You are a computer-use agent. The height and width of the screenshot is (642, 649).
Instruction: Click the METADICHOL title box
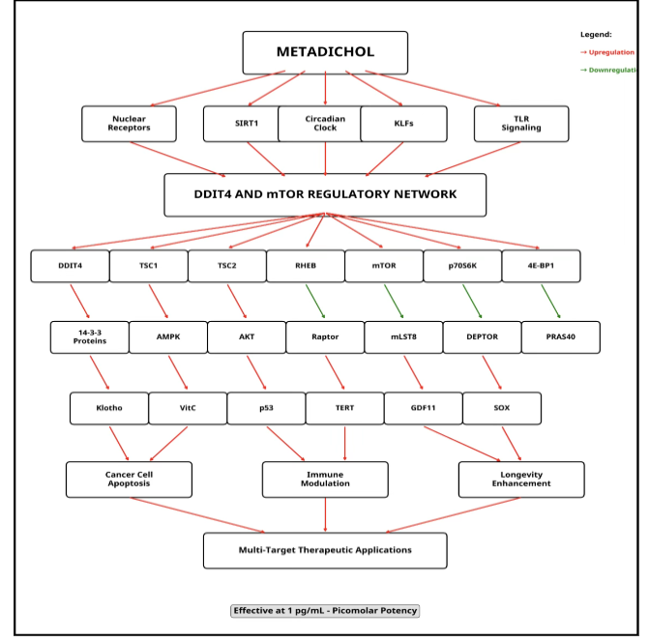point(325,52)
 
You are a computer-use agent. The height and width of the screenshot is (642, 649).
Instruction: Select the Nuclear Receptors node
point(129,124)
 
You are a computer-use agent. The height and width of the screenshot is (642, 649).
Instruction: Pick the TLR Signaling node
point(521,124)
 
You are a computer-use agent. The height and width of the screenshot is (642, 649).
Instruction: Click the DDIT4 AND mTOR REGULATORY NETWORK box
point(325,194)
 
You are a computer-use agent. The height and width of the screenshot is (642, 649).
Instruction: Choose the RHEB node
point(305,266)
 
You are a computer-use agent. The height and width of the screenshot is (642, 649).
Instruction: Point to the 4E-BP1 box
point(541,266)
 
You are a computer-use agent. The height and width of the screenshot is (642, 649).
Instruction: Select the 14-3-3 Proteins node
point(90,337)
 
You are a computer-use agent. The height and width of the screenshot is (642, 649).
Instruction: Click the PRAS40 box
point(560,337)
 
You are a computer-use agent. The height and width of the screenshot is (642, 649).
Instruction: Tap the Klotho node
point(109,408)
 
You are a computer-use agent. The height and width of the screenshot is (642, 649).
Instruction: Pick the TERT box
point(344,408)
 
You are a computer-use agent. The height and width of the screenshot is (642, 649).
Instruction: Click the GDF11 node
point(423,408)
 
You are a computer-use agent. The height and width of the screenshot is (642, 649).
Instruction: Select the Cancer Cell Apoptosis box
point(129,480)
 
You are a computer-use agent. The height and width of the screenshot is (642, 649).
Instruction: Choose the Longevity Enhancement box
point(521,480)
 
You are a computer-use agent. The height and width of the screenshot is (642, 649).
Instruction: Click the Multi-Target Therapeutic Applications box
point(325,550)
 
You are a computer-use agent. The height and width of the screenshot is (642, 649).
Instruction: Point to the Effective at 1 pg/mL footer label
point(325,611)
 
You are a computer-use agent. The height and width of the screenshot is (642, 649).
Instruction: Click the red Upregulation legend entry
point(608,52)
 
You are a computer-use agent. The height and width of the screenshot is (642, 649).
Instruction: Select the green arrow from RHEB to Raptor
point(314,301)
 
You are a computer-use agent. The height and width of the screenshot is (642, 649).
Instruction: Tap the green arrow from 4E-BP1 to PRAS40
point(550,301)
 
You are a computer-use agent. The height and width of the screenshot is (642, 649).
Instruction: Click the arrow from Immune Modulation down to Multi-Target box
point(325,514)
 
